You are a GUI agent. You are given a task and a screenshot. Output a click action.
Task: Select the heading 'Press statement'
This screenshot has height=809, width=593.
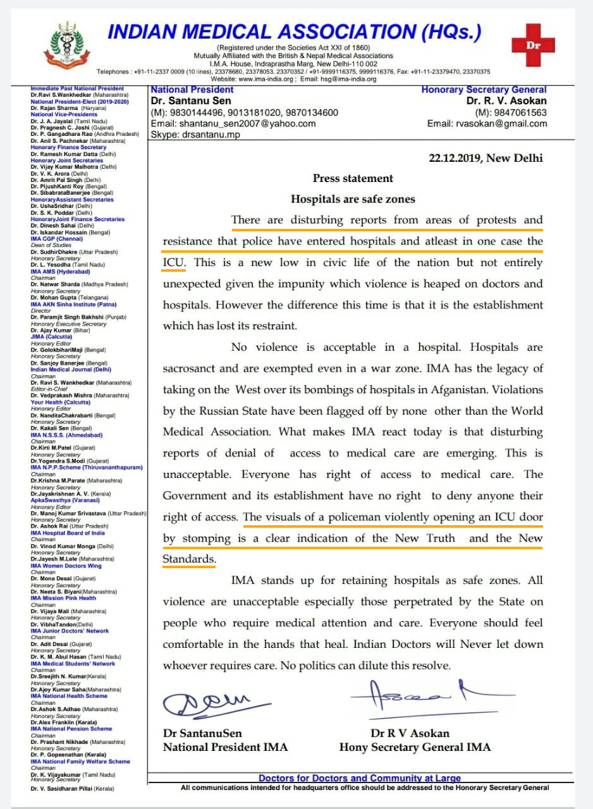353,178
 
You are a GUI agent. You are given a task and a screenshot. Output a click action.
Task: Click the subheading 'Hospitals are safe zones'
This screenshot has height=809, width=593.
353,199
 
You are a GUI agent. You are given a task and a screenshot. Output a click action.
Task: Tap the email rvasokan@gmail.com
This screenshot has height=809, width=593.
487,123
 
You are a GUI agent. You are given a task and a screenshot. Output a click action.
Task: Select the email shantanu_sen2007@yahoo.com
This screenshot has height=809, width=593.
233,123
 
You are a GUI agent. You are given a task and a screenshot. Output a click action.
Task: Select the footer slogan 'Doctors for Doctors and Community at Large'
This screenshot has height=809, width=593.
360,778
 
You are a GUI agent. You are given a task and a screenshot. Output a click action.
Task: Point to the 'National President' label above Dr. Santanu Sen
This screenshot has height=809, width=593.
192,90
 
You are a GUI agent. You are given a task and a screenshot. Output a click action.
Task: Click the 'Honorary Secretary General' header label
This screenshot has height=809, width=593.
484,90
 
